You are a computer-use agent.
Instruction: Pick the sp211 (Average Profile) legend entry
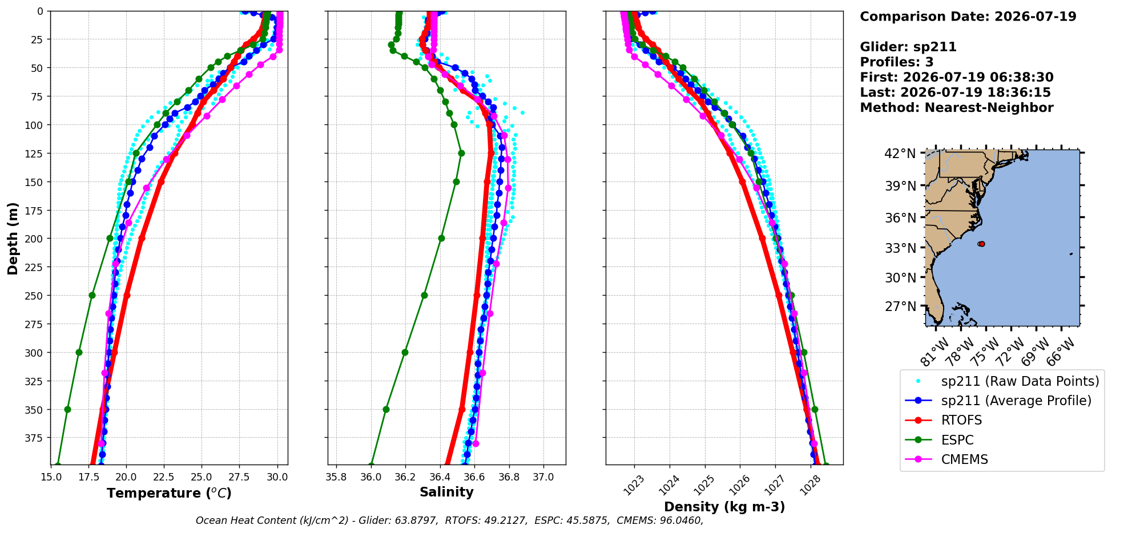tap(998, 401)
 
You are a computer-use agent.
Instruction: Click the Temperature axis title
tap(169, 493)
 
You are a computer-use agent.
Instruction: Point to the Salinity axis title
tap(446, 492)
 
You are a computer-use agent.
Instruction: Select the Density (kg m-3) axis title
tap(724, 507)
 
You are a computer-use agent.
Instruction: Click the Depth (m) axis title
tap(13, 238)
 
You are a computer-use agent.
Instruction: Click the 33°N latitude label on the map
tap(900, 248)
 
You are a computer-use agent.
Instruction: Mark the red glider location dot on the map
tap(981, 244)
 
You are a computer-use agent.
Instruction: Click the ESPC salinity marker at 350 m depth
tap(386, 409)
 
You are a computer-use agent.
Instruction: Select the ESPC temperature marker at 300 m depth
tap(79, 352)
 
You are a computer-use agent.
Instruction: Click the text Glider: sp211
tap(908, 47)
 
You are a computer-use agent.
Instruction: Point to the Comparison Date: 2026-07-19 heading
tap(968, 17)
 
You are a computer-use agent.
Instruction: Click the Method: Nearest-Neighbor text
tap(957, 107)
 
